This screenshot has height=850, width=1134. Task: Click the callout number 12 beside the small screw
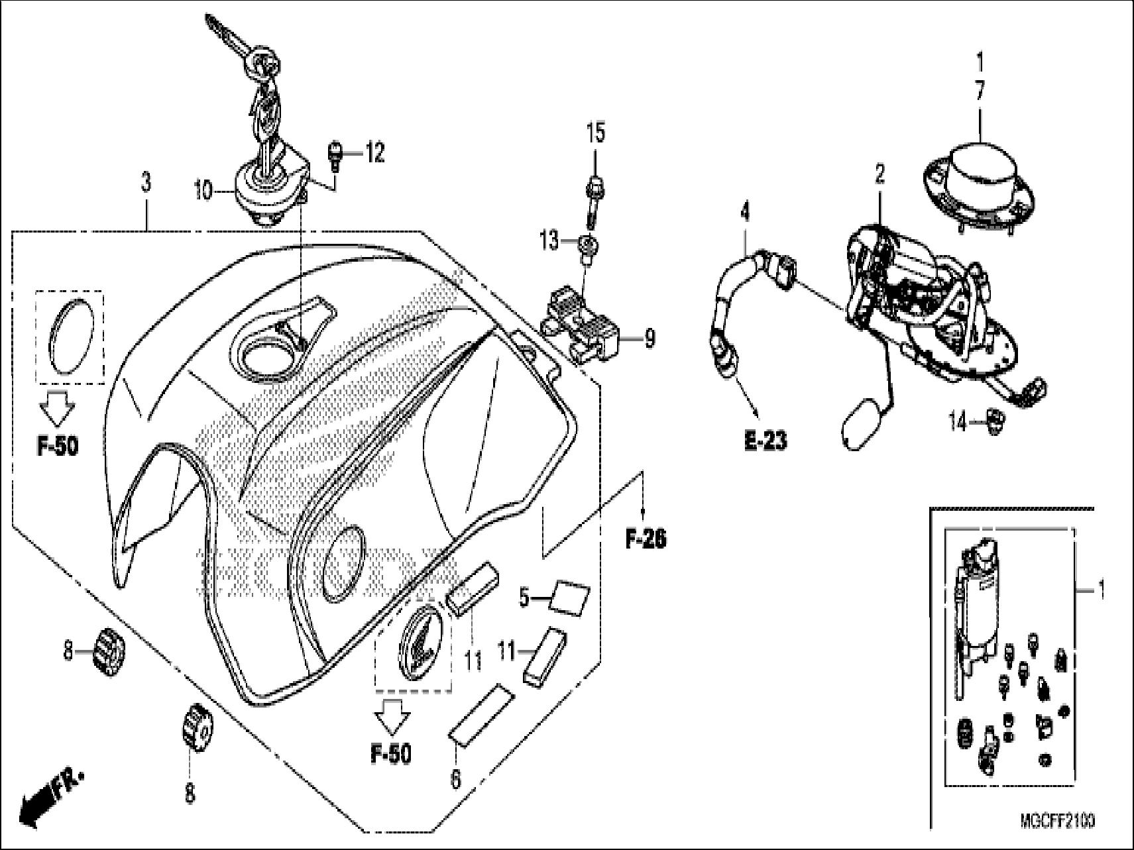[x=374, y=154]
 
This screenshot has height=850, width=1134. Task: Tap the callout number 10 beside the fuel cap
[x=203, y=192]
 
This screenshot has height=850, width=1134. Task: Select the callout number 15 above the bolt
[x=596, y=133]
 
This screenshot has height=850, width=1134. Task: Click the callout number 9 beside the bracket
[x=650, y=339]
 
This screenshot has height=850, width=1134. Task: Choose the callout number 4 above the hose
[x=746, y=213]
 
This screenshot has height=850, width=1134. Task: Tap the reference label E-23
[x=765, y=441]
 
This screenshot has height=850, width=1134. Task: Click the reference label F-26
[x=646, y=539]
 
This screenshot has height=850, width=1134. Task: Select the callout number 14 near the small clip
[x=958, y=422]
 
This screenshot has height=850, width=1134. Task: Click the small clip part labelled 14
[x=995, y=419]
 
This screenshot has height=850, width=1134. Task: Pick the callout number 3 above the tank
[x=146, y=182]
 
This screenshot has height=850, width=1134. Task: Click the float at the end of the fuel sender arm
[x=860, y=423]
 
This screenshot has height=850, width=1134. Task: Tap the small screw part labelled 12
[x=335, y=156]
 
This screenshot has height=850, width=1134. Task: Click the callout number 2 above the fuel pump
[x=879, y=175]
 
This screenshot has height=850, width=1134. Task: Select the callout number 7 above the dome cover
[x=980, y=92]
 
